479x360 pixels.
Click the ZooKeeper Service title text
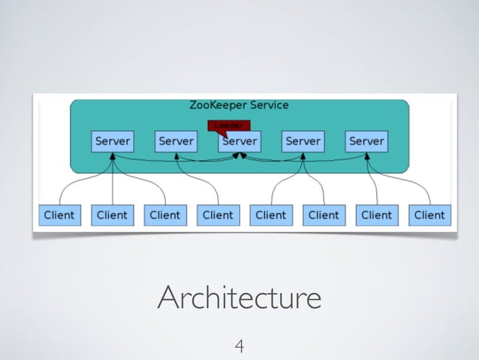click(x=238, y=105)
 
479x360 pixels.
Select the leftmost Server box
click(x=112, y=141)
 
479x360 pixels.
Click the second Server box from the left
click(x=176, y=141)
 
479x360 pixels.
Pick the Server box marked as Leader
click(x=239, y=141)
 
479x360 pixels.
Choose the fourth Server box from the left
click(x=303, y=141)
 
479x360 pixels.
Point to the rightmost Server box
click(x=366, y=141)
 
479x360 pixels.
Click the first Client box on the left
click(x=59, y=215)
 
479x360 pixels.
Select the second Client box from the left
click(x=112, y=215)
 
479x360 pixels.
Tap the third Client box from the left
click(x=164, y=215)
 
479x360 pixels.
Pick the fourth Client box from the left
click(x=218, y=215)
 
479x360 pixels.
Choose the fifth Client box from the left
click(x=270, y=215)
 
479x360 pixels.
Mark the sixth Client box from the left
click(x=324, y=215)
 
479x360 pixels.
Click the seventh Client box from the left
click(x=376, y=215)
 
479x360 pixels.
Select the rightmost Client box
click(x=429, y=215)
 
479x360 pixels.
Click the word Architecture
click(x=239, y=298)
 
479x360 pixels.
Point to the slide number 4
click(x=239, y=346)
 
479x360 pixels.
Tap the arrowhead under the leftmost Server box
click(x=112, y=156)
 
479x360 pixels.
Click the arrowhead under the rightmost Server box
click(x=366, y=156)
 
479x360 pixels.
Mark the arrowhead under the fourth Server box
click(x=303, y=156)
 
